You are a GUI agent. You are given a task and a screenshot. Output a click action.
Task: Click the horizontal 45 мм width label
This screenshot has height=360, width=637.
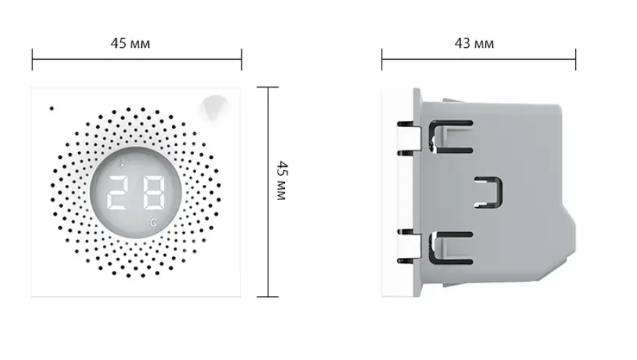[130, 43]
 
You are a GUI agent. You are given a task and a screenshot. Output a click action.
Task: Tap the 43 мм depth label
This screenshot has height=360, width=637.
[474, 43]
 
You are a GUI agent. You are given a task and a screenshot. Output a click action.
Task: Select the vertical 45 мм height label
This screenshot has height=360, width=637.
[281, 181]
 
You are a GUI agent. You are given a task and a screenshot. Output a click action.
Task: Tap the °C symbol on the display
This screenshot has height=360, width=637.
[152, 222]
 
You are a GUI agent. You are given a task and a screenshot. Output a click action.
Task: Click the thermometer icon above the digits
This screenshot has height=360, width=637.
[123, 164]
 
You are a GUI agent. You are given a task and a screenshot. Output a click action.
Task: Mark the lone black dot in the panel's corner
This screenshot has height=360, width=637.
[51, 108]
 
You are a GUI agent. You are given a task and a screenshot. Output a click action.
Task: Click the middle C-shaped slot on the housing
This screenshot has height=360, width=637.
[489, 191]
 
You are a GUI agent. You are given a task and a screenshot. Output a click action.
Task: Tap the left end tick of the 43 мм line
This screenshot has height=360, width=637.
[382, 60]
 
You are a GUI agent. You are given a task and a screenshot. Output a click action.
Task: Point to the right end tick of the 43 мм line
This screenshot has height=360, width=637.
[575, 60]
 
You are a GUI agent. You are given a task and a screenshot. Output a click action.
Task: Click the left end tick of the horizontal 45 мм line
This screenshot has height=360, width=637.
[32, 60]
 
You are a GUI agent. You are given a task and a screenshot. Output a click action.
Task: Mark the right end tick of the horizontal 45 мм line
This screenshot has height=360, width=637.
[241, 60]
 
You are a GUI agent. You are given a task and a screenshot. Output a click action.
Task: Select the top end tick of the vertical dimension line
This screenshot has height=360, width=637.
[268, 88]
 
